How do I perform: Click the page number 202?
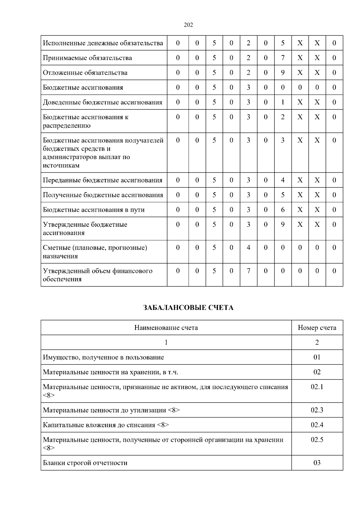188,25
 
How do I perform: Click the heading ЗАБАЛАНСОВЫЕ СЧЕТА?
188,308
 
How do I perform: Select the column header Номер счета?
317,328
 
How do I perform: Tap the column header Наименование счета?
166,328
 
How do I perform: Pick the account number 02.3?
317,410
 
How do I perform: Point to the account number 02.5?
317,440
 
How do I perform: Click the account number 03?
317,463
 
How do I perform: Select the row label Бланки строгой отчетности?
85,463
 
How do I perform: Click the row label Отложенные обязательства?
85,73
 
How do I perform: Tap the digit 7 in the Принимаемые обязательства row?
283,58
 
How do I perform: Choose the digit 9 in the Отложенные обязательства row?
283,73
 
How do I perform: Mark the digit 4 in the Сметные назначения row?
248,248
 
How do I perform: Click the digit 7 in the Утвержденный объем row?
248,271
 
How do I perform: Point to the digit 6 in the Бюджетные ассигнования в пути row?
283,210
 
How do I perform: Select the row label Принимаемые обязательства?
87,58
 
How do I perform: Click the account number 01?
317,357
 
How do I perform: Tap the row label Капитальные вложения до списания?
106,425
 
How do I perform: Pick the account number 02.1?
317,387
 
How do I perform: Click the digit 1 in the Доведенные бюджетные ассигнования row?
283,102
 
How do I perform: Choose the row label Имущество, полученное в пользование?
103,357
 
